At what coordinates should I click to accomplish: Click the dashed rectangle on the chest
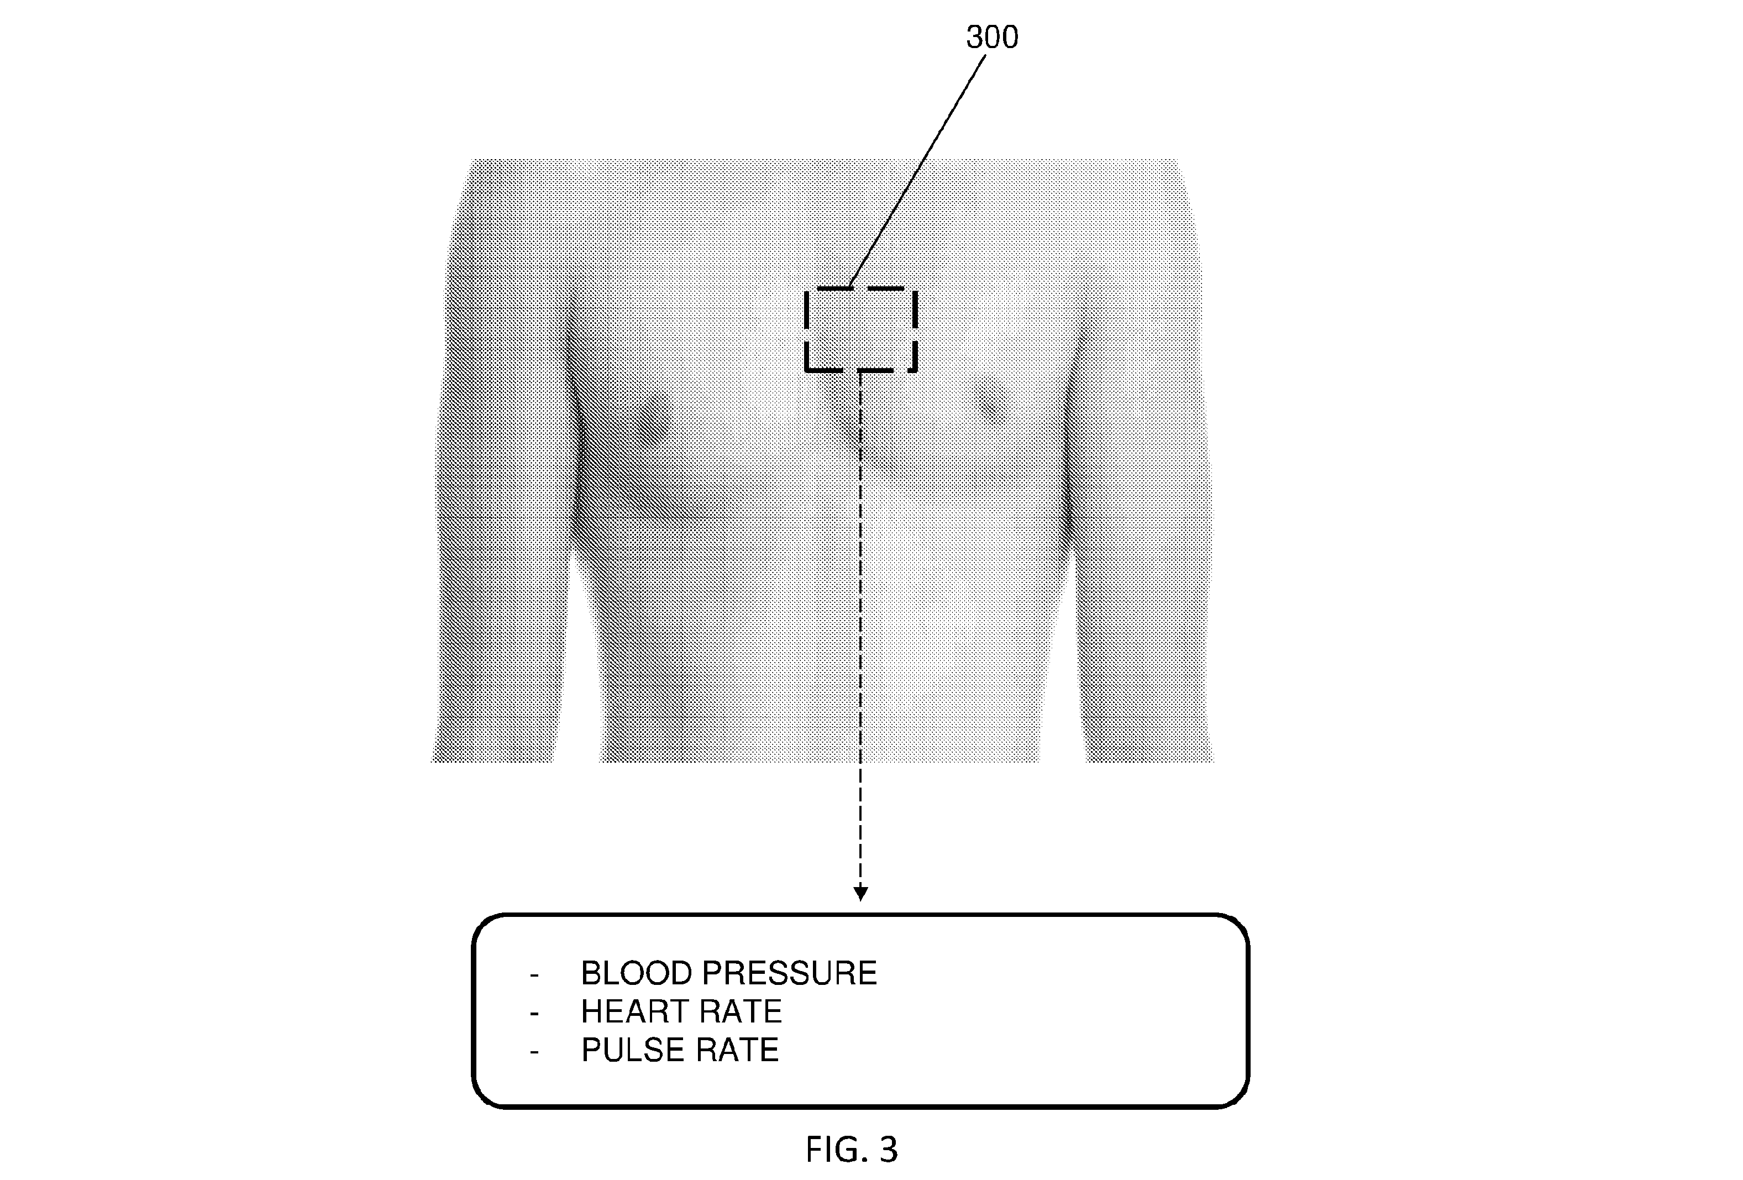pos(806,330)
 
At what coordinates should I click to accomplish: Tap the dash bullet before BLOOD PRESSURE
pos(534,975)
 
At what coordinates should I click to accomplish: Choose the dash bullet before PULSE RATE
pos(534,1052)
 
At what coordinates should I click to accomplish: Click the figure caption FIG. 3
pos(851,1149)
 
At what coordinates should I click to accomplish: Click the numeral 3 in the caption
pos(888,1149)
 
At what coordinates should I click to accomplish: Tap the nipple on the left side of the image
pos(660,420)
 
